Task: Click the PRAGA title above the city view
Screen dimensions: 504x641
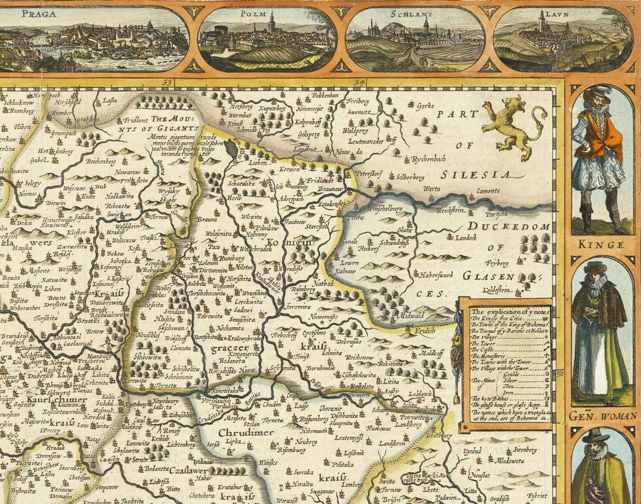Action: [40, 12]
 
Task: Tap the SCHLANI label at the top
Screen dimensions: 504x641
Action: [416, 13]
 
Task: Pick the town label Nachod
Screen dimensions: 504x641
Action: [323, 283]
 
